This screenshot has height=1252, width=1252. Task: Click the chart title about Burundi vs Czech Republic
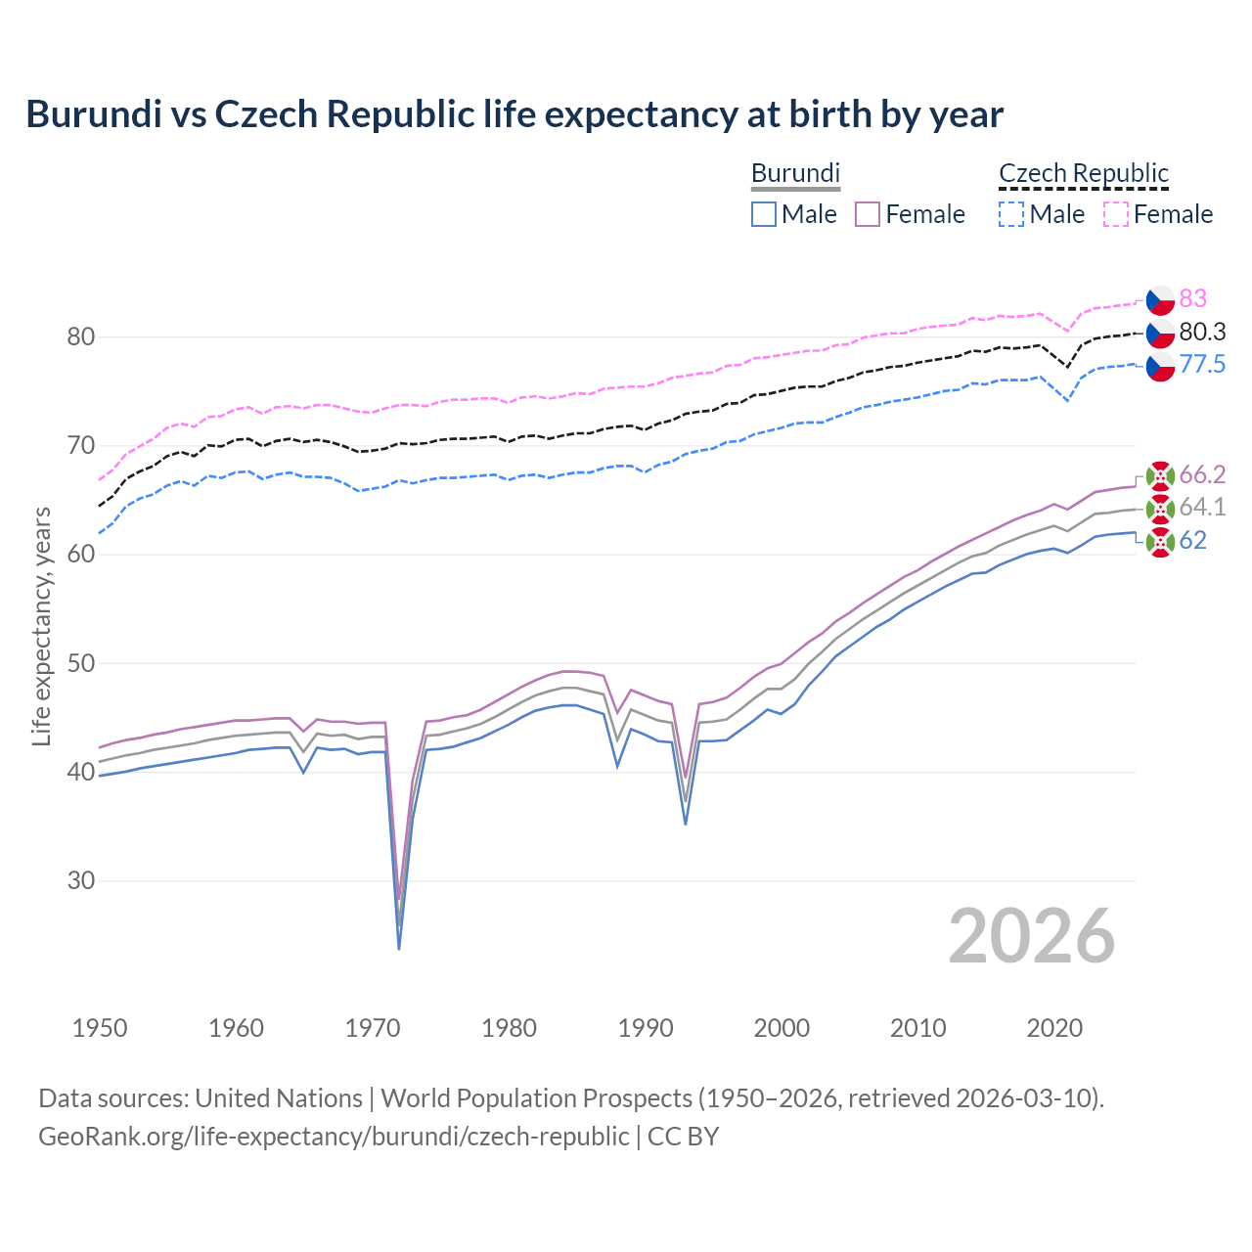click(x=514, y=114)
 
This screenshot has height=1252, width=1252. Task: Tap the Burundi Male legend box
click(x=764, y=214)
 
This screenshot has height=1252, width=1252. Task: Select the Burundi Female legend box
click(x=868, y=214)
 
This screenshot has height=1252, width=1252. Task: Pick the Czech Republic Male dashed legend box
click(x=1011, y=214)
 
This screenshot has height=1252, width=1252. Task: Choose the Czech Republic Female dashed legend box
click(x=1115, y=214)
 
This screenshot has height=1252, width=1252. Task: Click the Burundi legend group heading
click(x=795, y=173)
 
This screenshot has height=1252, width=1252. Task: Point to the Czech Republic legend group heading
click(x=1083, y=173)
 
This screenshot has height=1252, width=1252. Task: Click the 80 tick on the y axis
click(x=81, y=336)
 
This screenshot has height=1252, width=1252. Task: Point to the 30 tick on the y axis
click(x=81, y=880)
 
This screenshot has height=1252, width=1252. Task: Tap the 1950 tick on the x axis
click(x=100, y=1028)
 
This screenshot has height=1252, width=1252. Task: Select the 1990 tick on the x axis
click(x=646, y=1028)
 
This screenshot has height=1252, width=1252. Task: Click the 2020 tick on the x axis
click(x=1054, y=1028)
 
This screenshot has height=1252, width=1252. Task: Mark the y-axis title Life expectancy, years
click(x=41, y=626)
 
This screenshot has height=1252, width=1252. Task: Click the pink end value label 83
click(x=1192, y=298)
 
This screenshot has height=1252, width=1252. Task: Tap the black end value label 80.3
click(x=1202, y=332)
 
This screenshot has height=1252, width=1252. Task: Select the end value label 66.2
click(x=1202, y=474)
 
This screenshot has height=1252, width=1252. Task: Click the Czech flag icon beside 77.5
click(x=1160, y=367)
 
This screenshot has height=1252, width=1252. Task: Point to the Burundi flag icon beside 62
click(x=1160, y=542)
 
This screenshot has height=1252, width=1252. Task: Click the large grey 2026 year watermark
click(x=1031, y=936)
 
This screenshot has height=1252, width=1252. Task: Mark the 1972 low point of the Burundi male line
click(x=399, y=948)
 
